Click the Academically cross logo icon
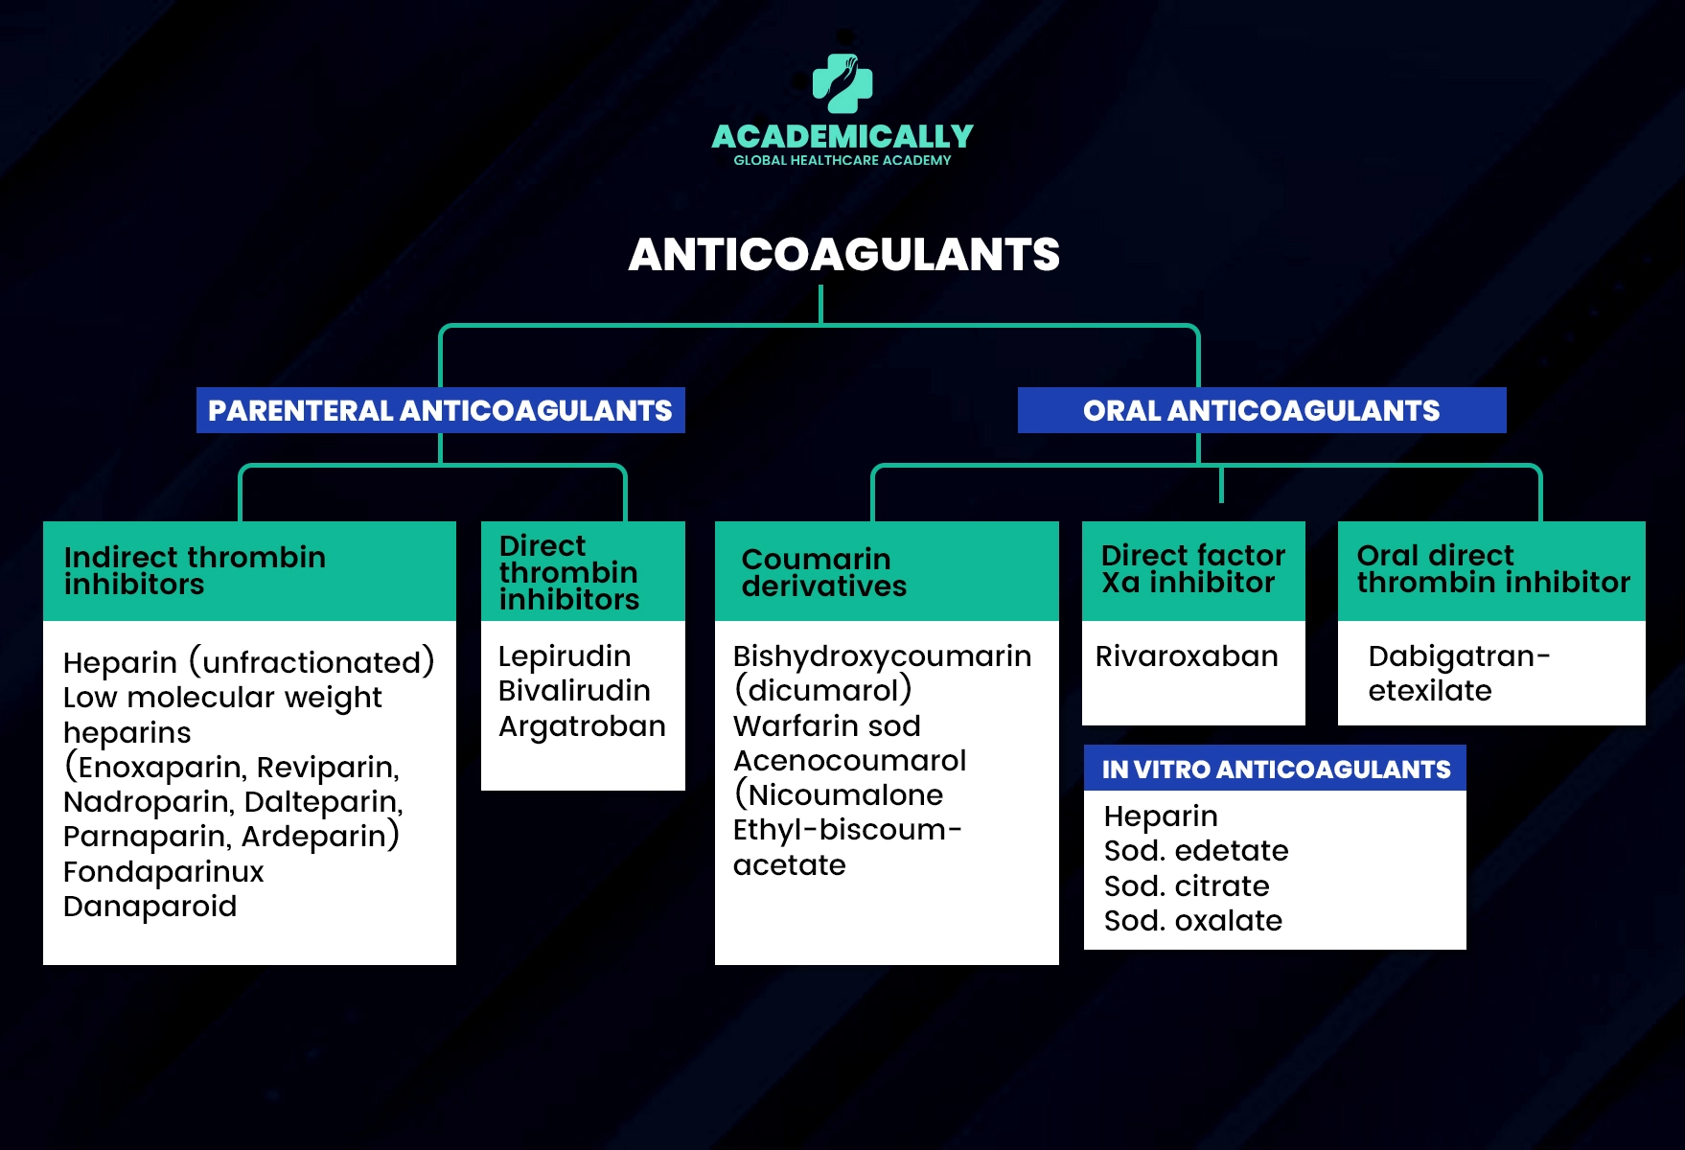point(842,83)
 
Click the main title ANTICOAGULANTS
point(843,255)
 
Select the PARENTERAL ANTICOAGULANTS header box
point(440,410)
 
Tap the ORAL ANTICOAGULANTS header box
point(1261,410)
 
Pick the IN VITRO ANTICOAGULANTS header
point(1275,769)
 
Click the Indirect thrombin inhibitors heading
point(195,570)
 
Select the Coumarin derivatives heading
point(823,572)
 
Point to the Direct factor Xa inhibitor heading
point(1192,568)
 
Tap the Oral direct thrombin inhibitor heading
point(1491,568)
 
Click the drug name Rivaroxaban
point(1187,656)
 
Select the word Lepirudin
point(565,656)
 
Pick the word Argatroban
point(582,726)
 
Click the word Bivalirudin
point(574,691)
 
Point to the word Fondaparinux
point(164,872)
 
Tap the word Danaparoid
point(150,907)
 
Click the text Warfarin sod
point(826,726)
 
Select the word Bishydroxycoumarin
point(882,656)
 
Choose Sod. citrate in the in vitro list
point(1187,886)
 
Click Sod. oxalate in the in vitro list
point(1193,921)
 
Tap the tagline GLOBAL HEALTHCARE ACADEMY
point(842,161)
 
